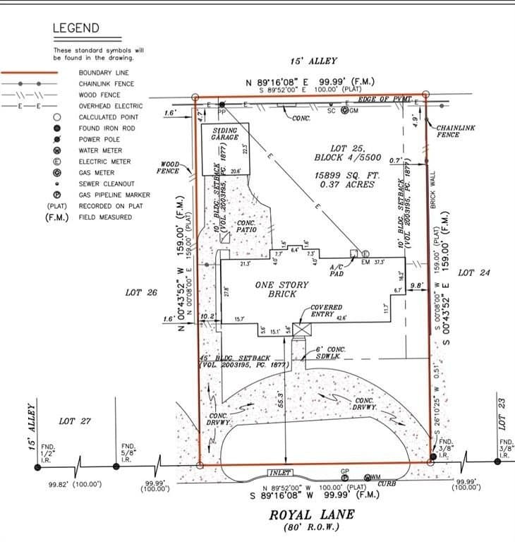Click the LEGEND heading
[x=76, y=29]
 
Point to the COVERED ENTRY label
[x=326, y=311]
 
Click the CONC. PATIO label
[x=246, y=227]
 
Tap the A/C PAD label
[x=337, y=270]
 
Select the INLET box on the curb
[x=279, y=472]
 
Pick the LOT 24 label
[x=474, y=272]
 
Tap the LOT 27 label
[x=75, y=421]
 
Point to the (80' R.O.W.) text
[x=310, y=527]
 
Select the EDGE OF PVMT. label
[x=384, y=100]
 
